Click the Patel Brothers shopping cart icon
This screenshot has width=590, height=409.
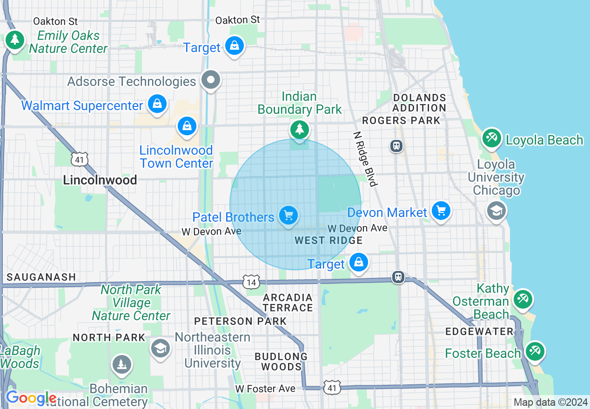[x=288, y=215]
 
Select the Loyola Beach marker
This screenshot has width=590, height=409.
[x=492, y=138]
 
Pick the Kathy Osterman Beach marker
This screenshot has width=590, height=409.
[x=523, y=298]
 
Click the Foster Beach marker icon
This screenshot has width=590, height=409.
[x=534, y=351]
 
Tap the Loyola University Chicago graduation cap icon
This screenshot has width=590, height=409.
[x=496, y=211]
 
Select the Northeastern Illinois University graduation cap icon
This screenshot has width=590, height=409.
[x=161, y=348]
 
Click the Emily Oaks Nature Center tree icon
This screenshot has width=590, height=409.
[x=15, y=40]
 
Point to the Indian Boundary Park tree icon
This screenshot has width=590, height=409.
[x=300, y=129]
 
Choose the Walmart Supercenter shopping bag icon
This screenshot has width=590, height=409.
[x=158, y=104]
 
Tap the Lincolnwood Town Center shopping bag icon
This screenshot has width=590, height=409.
[x=187, y=126]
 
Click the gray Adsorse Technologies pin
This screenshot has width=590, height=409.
[x=211, y=80]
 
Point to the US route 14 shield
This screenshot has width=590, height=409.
[x=251, y=282]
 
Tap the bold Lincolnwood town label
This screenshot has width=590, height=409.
[x=100, y=180]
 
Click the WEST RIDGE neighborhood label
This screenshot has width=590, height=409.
[x=329, y=240]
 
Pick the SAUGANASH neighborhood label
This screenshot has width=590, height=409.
[x=41, y=277]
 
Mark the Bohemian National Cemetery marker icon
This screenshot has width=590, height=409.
[x=122, y=365]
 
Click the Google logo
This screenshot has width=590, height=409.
[x=31, y=398]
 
